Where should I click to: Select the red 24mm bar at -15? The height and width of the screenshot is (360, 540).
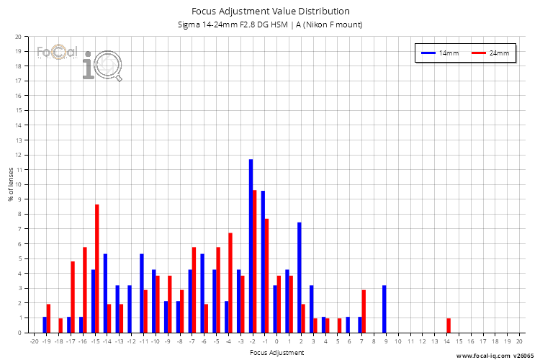97,269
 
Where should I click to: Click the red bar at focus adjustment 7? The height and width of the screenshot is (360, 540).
364,311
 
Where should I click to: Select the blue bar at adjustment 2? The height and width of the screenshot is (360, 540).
299,277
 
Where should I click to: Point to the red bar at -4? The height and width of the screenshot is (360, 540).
230,283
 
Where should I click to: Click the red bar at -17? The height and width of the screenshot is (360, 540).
73,297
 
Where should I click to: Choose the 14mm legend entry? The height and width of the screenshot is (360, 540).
439,53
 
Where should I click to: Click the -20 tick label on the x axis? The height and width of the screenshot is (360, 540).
33,342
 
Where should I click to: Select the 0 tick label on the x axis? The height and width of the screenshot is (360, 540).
276,342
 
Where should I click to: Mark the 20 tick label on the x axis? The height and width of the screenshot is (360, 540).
518,342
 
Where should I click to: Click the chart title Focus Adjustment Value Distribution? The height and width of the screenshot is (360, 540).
270,11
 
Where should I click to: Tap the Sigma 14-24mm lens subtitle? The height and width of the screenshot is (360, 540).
270,25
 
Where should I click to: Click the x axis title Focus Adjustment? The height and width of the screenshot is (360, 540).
276,353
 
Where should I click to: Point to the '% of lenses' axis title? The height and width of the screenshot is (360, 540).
9,184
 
